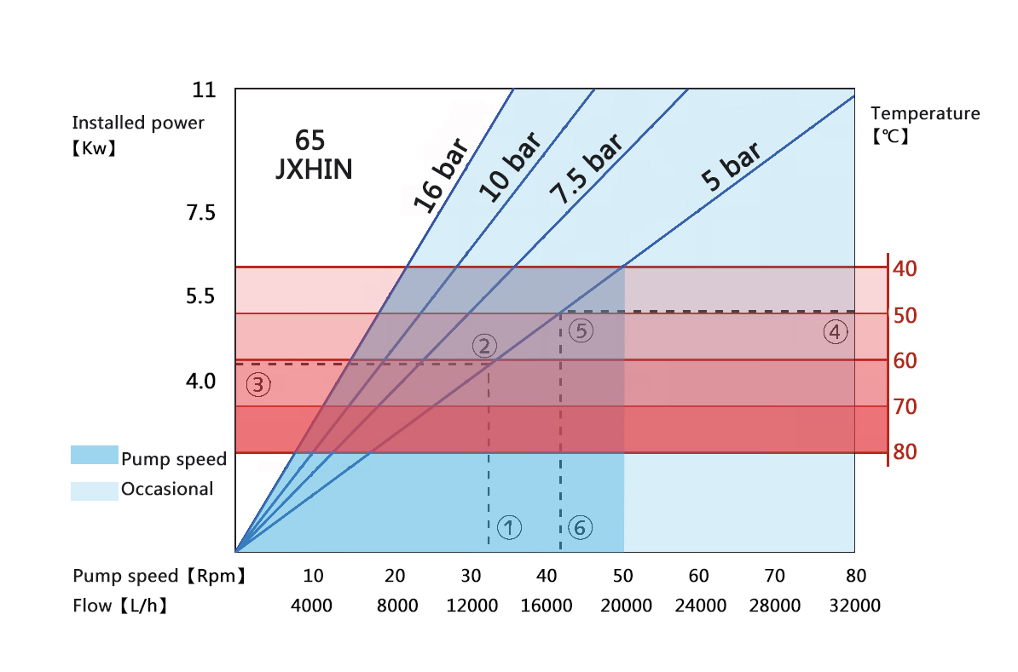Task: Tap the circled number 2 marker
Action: click(x=483, y=346)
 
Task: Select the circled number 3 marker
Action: click(x=259, y=385)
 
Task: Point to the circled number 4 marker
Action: click(x=836, y=332)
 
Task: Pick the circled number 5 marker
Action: click(x=581, y=330)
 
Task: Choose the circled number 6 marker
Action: click(x=580, y=528)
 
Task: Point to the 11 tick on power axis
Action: click(x=204, y=90)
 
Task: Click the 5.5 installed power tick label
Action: click(x=200, y=297)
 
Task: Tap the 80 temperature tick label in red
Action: click(x=905, y=451)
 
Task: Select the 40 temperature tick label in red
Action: click(x=905, y=269)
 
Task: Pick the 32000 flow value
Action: click(x=854, y=606)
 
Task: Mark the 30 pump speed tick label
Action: click(x=471, y=576)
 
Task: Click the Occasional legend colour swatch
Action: click(x=94, y=491)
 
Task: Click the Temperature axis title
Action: click(x=925, y=113)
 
